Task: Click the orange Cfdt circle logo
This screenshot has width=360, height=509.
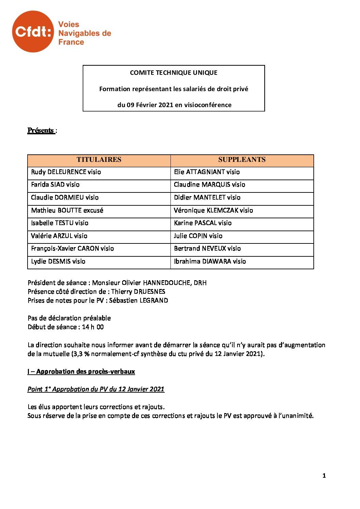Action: click(x=33, y=31)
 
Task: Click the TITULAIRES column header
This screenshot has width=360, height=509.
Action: click(x=99, y=160)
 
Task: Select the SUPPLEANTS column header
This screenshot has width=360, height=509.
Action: click(x=242, y=160)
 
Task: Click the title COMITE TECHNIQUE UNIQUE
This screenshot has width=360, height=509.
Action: click(x=174, y=72)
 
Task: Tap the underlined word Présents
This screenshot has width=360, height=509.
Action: click(x=40, y=131)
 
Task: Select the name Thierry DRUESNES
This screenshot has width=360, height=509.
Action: click(x=138, y=292)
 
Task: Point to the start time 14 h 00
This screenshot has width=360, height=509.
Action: click(x=93, y=327)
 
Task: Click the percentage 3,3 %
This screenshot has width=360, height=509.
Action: click(x=81, y=354)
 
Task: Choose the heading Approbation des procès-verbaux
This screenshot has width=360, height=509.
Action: click(x=85, y=372)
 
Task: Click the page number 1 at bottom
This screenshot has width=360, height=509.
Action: click(x=324, y=476)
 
